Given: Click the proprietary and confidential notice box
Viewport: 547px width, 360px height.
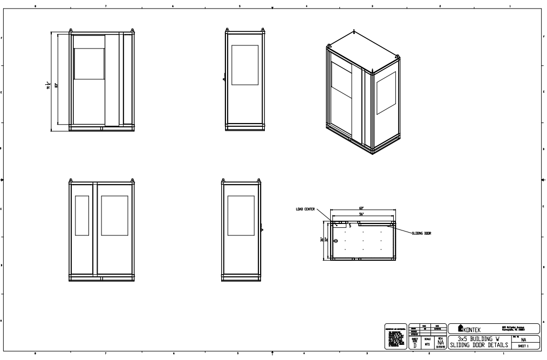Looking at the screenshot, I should [x=395, y=336].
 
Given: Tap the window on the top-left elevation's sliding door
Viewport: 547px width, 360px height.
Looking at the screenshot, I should [x=88, y=64].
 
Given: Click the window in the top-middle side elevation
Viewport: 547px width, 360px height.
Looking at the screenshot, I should [x=245, y=65].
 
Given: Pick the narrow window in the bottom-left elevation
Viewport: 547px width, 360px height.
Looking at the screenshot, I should [x=81, y=215].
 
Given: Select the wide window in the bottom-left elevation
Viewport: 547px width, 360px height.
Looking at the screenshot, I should [x=114, y=215].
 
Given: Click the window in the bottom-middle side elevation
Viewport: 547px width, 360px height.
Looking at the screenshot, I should [x=241, y=215].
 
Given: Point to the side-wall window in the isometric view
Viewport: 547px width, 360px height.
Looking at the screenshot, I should [x=386, y=93].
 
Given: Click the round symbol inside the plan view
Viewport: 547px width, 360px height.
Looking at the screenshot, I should [x=336, y=241].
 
